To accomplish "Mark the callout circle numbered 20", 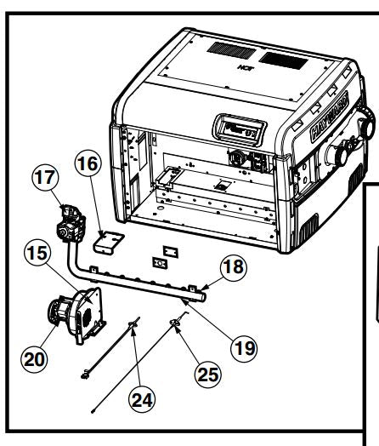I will [x=33, y=359].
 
